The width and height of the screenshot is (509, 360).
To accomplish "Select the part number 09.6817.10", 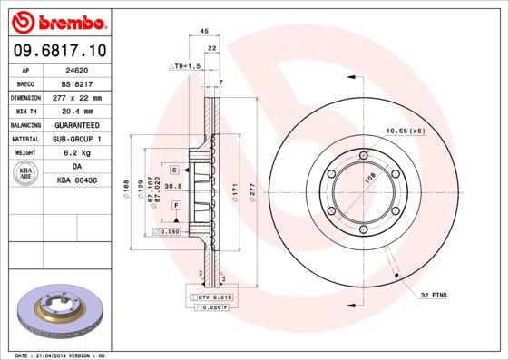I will point(61,50).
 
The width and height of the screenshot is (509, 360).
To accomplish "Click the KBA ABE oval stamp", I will point(25,173).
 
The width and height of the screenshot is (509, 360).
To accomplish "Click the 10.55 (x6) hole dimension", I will point(405,131).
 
